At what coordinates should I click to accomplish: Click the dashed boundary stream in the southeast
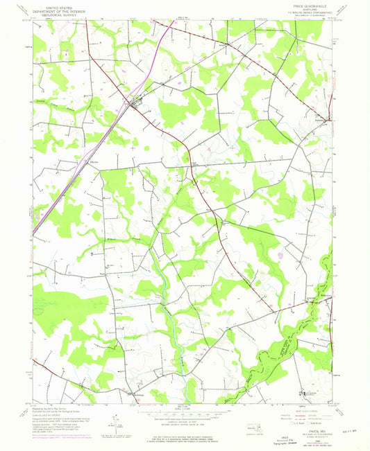[298, 326]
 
